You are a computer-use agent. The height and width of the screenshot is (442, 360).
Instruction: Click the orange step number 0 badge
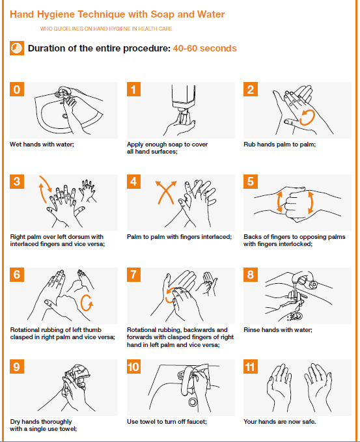tap(17, 90)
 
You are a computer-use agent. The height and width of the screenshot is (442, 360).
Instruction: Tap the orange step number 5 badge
tap(251, 182)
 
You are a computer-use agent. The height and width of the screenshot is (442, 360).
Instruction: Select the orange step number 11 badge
tap(251, 366)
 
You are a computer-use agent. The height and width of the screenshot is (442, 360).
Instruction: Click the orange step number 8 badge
tap(251, 274)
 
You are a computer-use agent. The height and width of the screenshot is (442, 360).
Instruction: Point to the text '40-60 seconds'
tap(204, 49)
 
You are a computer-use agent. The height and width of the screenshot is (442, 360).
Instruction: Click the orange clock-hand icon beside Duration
tap(17, 49)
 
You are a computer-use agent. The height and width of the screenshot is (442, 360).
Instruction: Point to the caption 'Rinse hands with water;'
tap(277, 330)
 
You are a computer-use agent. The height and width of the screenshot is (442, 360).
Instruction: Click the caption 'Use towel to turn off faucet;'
tap(167, 422)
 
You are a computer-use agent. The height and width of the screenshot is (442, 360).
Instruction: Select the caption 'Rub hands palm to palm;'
tap(279, 145)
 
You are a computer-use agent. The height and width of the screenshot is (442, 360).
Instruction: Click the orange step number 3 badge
tap(17, 182)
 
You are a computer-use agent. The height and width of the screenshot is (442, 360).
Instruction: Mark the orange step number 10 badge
tap(133, 366)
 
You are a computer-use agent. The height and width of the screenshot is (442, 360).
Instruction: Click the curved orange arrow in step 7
tap(171, 296)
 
